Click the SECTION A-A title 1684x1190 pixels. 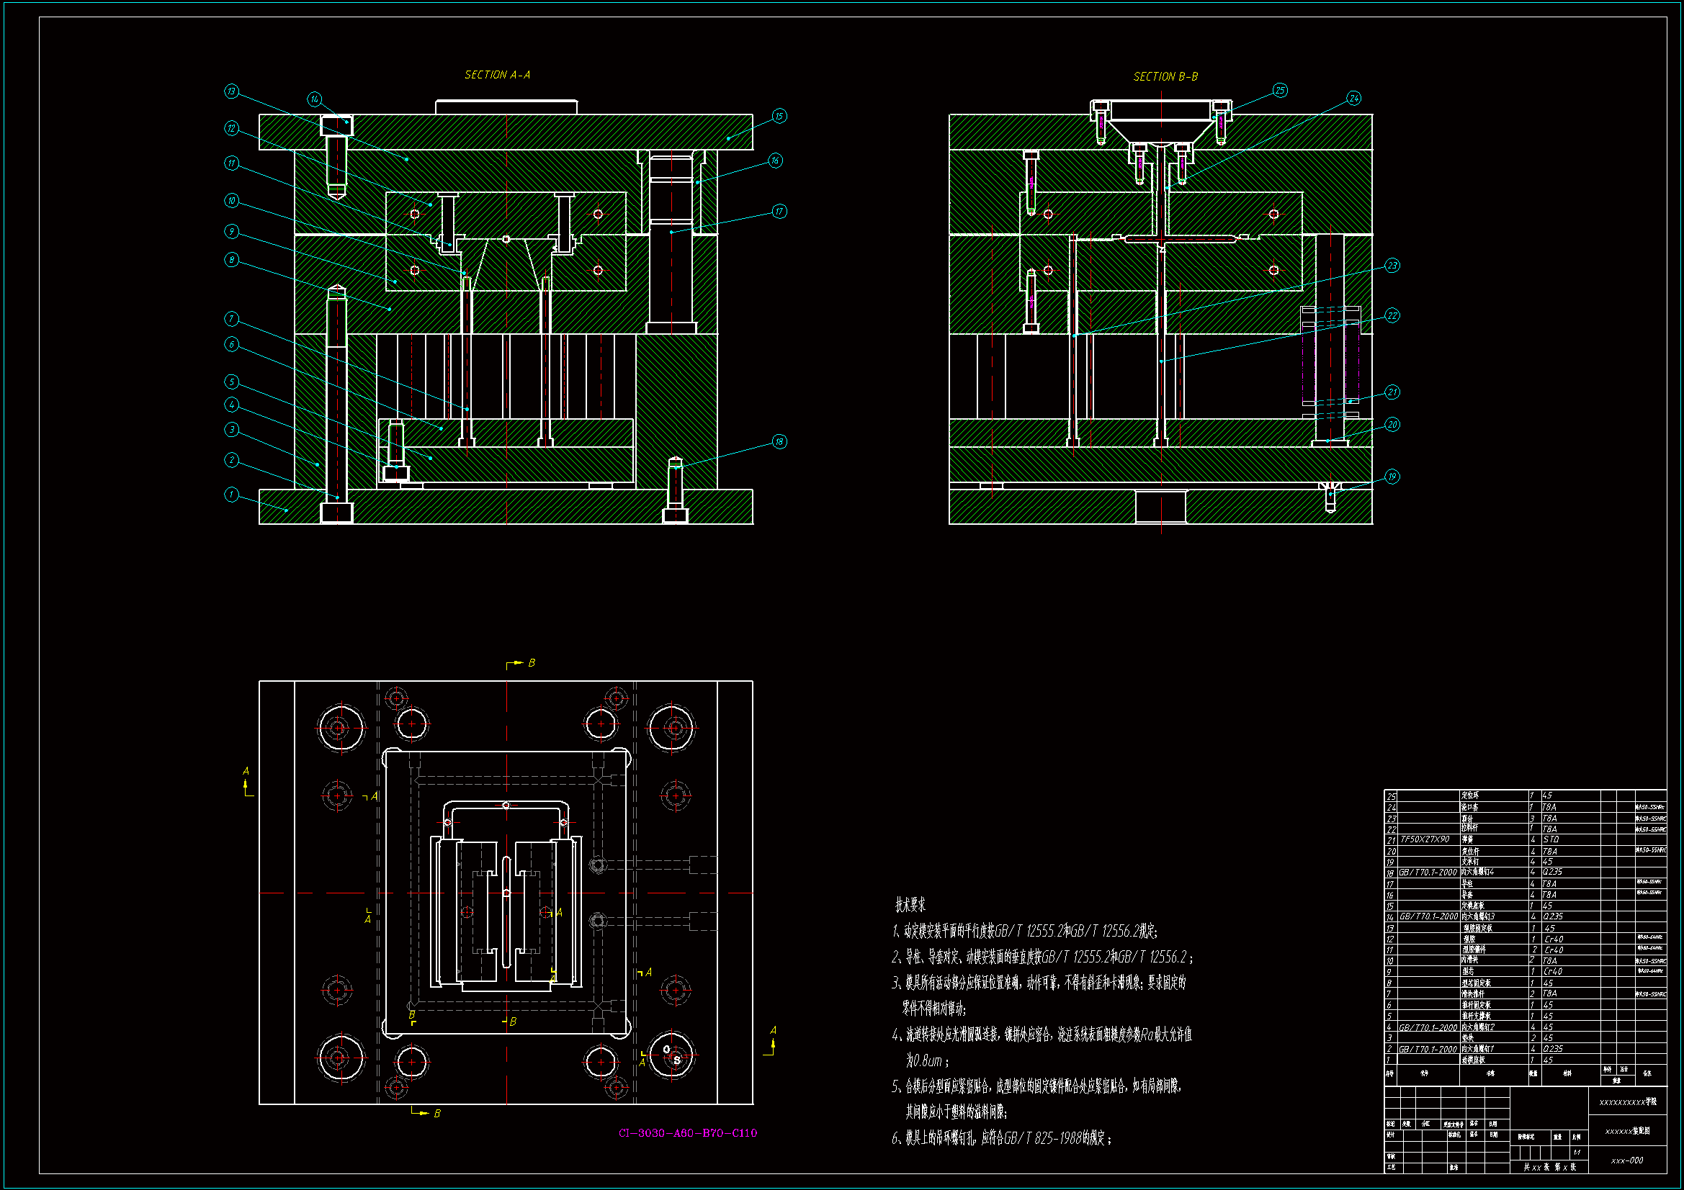coord(497,75)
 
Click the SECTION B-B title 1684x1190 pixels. coord(1165,76)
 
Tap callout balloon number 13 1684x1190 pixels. coord(232,91)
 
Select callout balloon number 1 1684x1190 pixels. coord(232,495)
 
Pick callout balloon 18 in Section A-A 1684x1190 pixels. coord(779,441)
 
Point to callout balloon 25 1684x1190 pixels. coord(1280,91)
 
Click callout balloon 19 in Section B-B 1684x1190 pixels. coord(1392,477)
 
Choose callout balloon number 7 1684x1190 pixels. coord(232,318)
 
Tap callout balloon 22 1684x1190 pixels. coord(1392,316)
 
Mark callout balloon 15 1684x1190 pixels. coord(779,117)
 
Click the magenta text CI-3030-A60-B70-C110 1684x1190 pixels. coord(687,1133)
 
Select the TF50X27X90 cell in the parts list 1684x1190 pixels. coord(1425,839)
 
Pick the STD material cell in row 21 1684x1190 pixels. coord(1551,839)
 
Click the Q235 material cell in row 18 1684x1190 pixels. coord(1553,872)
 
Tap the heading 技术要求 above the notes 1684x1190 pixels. coord(910,906)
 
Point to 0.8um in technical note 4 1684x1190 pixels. coord(926,1061)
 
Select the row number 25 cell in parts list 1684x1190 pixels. coord(1391,795)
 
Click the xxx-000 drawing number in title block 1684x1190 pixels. coord(1627,1160)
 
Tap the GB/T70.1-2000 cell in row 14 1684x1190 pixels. coord(1428,916)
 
